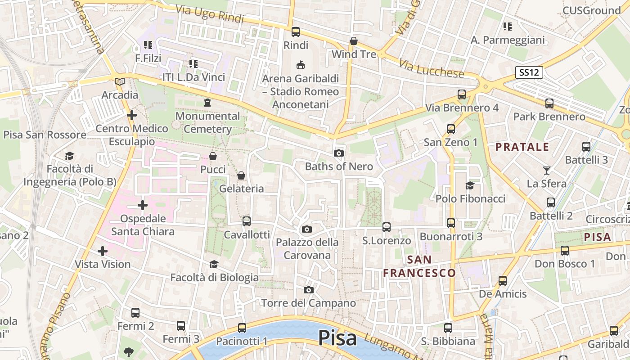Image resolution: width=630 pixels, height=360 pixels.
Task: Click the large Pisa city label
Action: [337, 338]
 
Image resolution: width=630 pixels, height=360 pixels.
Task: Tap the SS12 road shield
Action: [529, 72]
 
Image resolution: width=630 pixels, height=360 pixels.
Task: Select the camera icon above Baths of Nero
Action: [339, 153]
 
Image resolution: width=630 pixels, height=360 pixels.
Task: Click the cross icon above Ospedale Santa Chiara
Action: [143, 206]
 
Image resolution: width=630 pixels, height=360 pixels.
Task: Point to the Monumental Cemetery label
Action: [207, 122]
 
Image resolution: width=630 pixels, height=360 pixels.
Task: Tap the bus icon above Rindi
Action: [296, 32]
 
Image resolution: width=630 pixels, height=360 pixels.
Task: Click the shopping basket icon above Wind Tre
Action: [354, 41]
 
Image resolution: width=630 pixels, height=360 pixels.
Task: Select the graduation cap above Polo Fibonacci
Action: [470, 185]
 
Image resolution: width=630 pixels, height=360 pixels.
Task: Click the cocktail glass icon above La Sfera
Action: [547, 170]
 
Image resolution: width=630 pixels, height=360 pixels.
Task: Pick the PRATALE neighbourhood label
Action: [522, 147]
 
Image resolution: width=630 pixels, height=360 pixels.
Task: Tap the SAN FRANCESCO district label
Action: [419, 266]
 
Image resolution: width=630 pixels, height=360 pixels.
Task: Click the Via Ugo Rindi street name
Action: [209, 14]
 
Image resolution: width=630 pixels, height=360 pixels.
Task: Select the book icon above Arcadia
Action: [120, 81]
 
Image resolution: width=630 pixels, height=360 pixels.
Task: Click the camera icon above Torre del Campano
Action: [309, 290]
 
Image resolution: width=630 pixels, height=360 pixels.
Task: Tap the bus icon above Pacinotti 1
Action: [242, 328]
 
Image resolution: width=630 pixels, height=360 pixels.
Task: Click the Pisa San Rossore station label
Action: [45, 135]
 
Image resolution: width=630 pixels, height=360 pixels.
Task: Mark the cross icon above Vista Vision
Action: [103, 251]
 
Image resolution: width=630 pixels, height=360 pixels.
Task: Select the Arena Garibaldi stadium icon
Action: [301, 65]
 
